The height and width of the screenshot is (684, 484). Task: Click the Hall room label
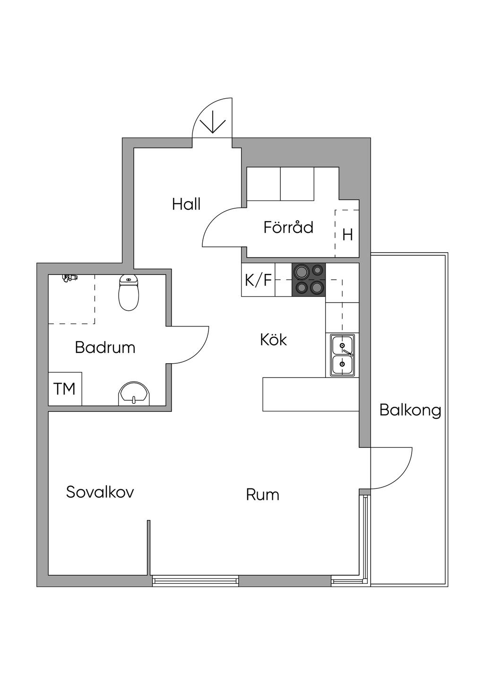[186, 204]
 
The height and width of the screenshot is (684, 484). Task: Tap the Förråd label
[288, 227]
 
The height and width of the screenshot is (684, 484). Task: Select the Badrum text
[105, 348]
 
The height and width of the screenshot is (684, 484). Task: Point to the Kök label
[273, 340]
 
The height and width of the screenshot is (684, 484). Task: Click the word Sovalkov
[100, 492]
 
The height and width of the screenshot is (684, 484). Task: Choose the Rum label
[262, 495]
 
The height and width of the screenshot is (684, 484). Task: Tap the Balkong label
[410, 410]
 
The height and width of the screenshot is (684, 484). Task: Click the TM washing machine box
[65, 389]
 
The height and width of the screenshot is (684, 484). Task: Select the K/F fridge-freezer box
[258, 280]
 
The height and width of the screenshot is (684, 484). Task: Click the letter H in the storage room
[347, 235]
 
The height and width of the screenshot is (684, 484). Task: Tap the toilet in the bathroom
[129, 292]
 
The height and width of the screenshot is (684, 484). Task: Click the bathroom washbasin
[134, 394]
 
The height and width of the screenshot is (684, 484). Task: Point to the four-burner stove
[309, 279]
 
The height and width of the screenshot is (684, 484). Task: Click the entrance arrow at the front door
[212, 122]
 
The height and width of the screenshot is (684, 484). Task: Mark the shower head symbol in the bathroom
[69, 278]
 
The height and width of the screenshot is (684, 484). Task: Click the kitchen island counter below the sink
[311, 394]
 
